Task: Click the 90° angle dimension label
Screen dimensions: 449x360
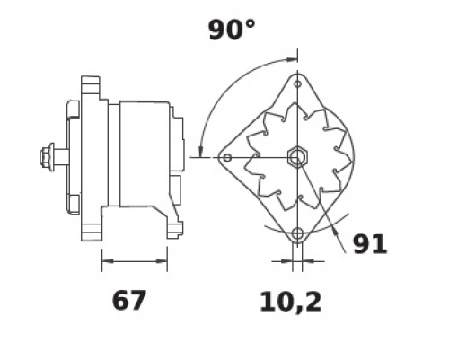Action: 232,30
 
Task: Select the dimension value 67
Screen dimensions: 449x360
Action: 129,300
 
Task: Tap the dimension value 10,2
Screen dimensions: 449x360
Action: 291,303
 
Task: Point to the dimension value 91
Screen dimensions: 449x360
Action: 370,244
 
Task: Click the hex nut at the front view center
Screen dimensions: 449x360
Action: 296,157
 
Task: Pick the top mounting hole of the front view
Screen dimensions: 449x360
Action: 297,84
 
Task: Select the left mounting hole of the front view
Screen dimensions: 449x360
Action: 227,157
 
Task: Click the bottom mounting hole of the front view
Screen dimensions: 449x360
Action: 297,233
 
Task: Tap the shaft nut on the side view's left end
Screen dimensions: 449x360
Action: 48,157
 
